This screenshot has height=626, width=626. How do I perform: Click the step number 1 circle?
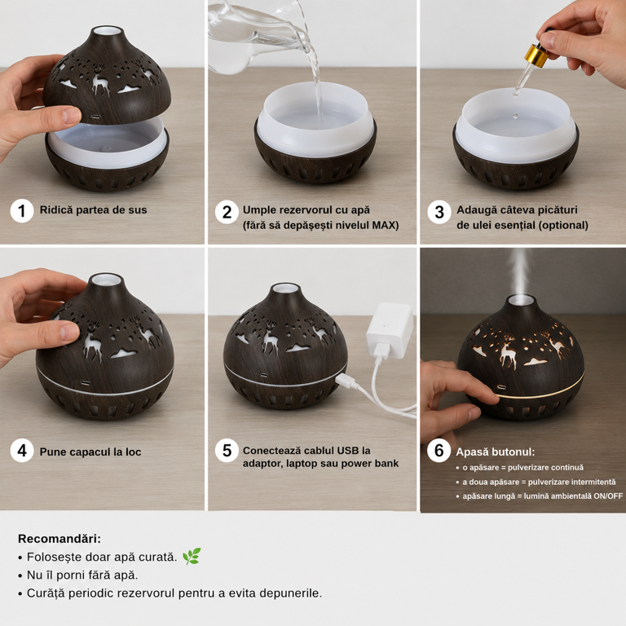click(x=21, y=211)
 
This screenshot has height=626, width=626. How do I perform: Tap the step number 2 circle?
click(x=227, y=212)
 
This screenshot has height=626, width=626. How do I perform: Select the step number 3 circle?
click(x=439, y=212)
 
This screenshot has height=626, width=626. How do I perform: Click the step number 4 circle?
click(x=22, y=451)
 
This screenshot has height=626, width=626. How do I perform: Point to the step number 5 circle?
click(x=227, y=451)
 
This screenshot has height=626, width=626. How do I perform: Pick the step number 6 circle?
click(x=439, y=451)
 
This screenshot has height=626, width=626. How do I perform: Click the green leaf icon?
click(x=192, y=556)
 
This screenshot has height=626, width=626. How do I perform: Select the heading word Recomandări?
click(x=60, y=539)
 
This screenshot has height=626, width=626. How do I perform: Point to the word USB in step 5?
click(x=349, y=450)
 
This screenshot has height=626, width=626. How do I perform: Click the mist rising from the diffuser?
click(x=520, y=272)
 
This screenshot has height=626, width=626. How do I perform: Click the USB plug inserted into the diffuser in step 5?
click(x=345, y=380)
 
